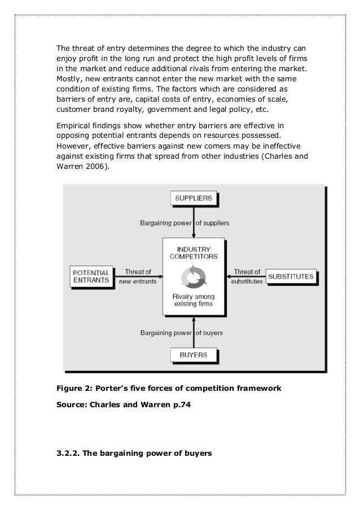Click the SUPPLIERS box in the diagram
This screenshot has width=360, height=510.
194,198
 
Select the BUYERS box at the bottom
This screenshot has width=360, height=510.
193,355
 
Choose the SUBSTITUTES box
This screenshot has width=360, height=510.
290,277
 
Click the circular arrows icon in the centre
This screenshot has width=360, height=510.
194,276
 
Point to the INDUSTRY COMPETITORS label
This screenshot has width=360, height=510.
194,252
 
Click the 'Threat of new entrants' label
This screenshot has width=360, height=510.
137,276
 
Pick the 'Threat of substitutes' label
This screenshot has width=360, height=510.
248,276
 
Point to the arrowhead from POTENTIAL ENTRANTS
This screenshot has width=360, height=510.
160,277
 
